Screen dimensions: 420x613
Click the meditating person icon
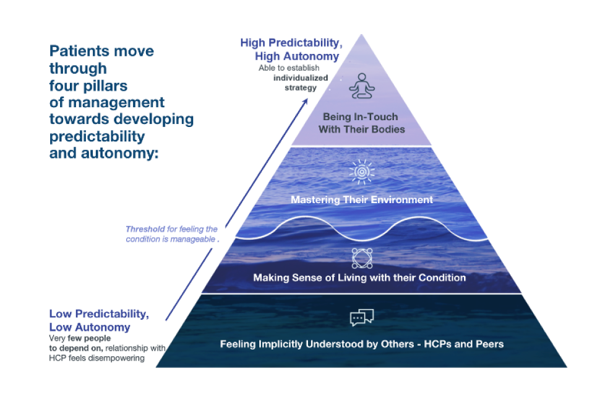pyautogui.click(x=362, y=86)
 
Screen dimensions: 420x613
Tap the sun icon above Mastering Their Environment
pyautogui.click(x=362, y=172)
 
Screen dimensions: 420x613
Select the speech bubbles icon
pyautogui.click(x=362, y=318)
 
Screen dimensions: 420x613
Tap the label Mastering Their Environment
pyautogui.click(x=362, y=199)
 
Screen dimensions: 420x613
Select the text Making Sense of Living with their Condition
pyautogui.click(x=359, y=278)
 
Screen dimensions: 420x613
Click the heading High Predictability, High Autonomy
pyautogui.click(x=290, y=50)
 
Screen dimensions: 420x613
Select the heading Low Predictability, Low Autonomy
pyautogui.click(x=99, y=320)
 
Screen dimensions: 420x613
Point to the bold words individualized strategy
pyautogui.click(x=301, y=83)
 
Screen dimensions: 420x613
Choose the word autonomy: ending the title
pyautogui.click(x=120, y=152)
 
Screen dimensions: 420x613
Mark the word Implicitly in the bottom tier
pyautogui.click(x=283, y=344)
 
